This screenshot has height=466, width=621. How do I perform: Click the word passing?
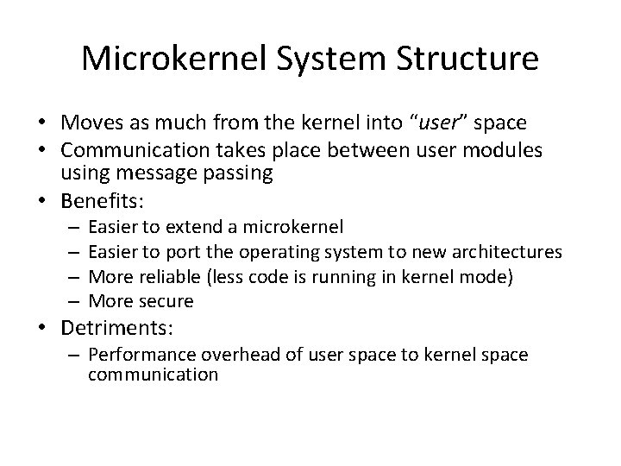click(x=241, y=173)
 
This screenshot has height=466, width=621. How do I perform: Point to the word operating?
click(x=285, y=252)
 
